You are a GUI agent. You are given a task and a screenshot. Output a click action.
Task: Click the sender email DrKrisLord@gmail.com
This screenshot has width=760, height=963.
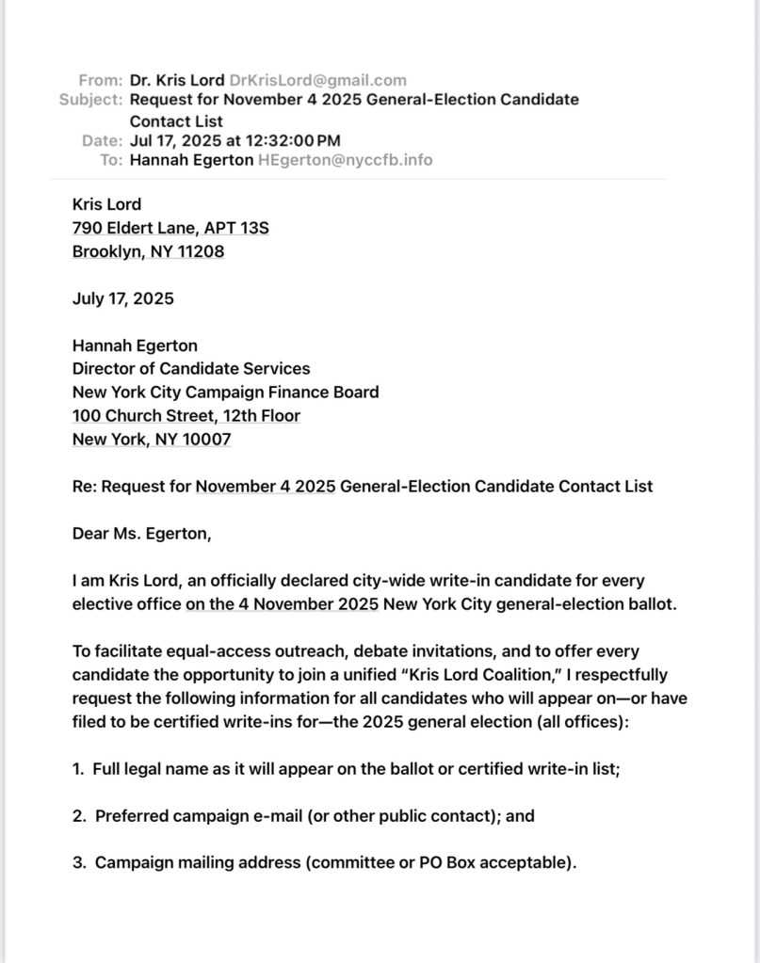(x=317, y=80)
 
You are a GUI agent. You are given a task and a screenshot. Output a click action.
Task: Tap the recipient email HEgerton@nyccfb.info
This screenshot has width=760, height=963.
(x=345, y=159)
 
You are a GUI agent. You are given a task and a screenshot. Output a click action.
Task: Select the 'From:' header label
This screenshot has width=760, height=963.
(x=101, y=80)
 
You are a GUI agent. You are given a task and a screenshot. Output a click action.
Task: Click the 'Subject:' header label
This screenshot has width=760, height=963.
(x=90, y=99)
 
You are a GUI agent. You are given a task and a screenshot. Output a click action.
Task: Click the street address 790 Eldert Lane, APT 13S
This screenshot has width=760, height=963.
(x=170, y=228)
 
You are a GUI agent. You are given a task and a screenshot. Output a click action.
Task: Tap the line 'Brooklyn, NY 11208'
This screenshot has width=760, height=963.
(x=148, y=251)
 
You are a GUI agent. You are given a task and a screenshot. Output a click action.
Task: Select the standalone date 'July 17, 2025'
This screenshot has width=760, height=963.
(x=123, y=298)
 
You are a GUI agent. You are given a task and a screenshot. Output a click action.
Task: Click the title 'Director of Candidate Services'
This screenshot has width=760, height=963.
(x=191, y=369)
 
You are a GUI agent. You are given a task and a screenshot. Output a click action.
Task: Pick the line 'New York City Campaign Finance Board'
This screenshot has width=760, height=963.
(x=226, y=392)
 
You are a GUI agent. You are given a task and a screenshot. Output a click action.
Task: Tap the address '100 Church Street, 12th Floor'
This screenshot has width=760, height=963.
(x=186, y=415)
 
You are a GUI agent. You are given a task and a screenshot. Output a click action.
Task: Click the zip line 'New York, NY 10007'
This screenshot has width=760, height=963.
(x=152, y=439)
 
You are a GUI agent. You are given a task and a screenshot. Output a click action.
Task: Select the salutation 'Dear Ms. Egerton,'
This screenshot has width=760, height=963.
(x=142, y=534)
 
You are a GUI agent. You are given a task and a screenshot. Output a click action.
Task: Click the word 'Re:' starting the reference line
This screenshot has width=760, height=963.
(x=84, y=487)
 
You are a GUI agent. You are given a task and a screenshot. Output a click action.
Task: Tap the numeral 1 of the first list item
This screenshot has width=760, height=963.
(x=76, y=769)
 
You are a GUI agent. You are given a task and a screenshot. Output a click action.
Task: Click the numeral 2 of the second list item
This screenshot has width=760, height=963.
(x=77, y=816)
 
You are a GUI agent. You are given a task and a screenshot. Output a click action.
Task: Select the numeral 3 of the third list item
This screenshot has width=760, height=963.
(x=77, y=862)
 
